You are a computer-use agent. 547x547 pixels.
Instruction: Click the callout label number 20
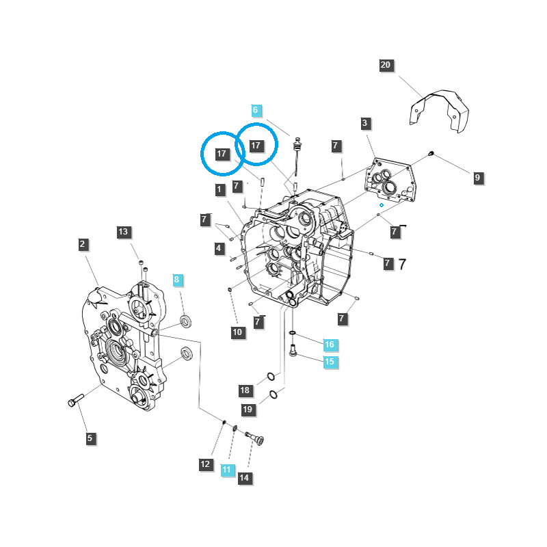(x=386, y=65)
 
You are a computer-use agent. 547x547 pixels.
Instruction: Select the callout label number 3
(x=365, y=123)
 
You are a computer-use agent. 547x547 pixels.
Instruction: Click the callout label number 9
(x=478, y=178)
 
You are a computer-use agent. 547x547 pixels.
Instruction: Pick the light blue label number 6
(x=256, y=110)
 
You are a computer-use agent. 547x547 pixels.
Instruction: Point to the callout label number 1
(x=219, y=189)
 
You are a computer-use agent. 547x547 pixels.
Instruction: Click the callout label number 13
(x=123, y=232)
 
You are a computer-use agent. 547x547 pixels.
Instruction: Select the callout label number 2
(x=82, y=243)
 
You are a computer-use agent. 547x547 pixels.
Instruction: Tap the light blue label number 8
(x=176, y=280)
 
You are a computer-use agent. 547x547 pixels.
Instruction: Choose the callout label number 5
(x=90, y=438)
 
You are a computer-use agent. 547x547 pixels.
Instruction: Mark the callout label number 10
(x=237, y=332)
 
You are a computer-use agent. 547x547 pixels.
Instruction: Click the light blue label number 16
(x=330, y=344)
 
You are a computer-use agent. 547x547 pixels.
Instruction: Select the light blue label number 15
(x=330, y=362)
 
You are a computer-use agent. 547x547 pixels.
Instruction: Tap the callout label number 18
(x=245, y=390)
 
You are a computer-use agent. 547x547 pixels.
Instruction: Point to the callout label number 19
(x=248, y=410)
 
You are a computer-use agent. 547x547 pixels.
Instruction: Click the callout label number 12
(x=206, y=464)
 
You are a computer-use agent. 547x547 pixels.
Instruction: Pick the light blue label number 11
(x=227, y=470)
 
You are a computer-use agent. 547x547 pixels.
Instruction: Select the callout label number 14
(x=244, y=478)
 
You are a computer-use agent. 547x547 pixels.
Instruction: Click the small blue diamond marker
(x=382, y=204)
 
